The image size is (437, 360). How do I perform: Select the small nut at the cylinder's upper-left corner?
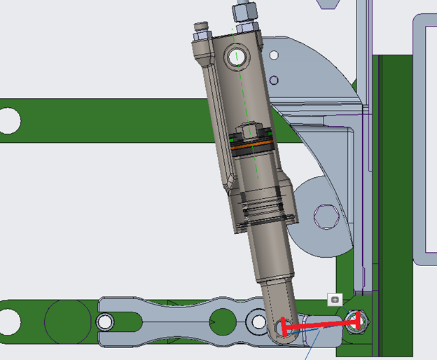pyautogui.click(x=200, y=29)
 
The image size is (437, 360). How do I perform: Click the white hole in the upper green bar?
pyautogui.click(x=9, y=120)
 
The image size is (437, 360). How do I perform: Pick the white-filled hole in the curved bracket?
pyautogui.click(x=274, y=54)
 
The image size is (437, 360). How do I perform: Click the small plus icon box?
pyautogui.click(x=335, y=300)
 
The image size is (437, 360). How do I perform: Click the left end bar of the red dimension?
pyautogui.click(x=284, y=327)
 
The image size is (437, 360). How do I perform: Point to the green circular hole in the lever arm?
pyautogui.click(x=223, y=321)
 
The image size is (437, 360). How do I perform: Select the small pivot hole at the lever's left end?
pyautogui.click(x=105, y=322)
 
